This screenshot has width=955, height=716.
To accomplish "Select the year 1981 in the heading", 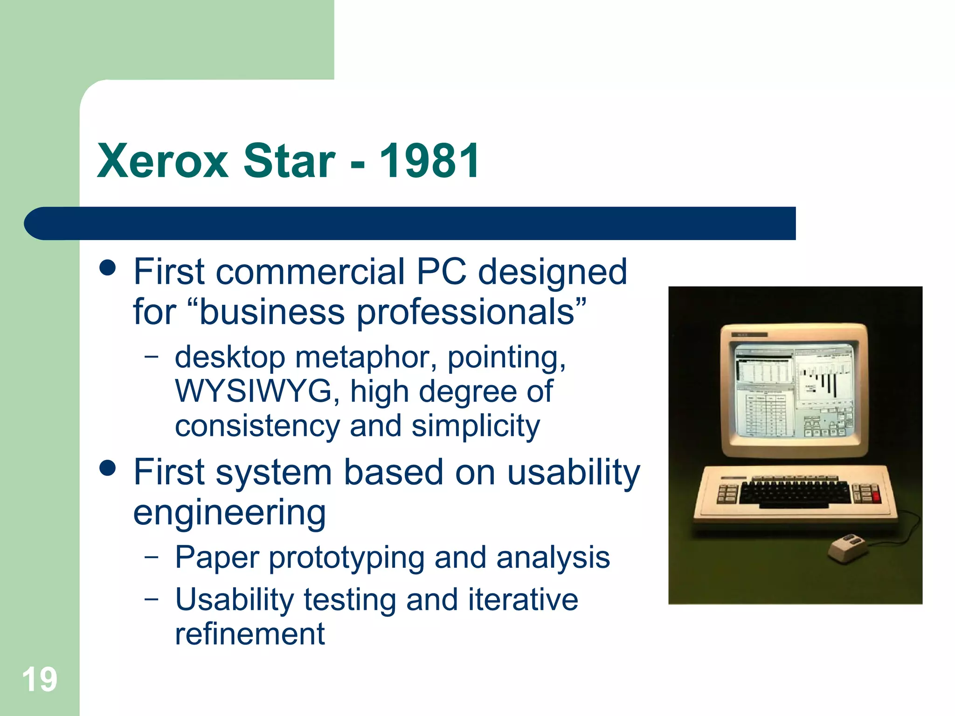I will [x=429, y=161].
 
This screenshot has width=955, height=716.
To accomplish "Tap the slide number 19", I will [x=40, y=680].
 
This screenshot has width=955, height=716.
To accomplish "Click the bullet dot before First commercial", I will [x=108, y=268].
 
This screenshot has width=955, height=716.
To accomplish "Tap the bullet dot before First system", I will [x=108, y=468].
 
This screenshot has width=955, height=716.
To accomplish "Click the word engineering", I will [x=229, y=512].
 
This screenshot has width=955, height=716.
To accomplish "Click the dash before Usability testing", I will [x=151, y=599].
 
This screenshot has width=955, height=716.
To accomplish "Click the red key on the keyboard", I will [x=875, y=496].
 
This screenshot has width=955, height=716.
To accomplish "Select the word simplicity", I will [x=476, y=426].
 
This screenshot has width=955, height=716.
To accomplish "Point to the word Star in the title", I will [x=289, y=161].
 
